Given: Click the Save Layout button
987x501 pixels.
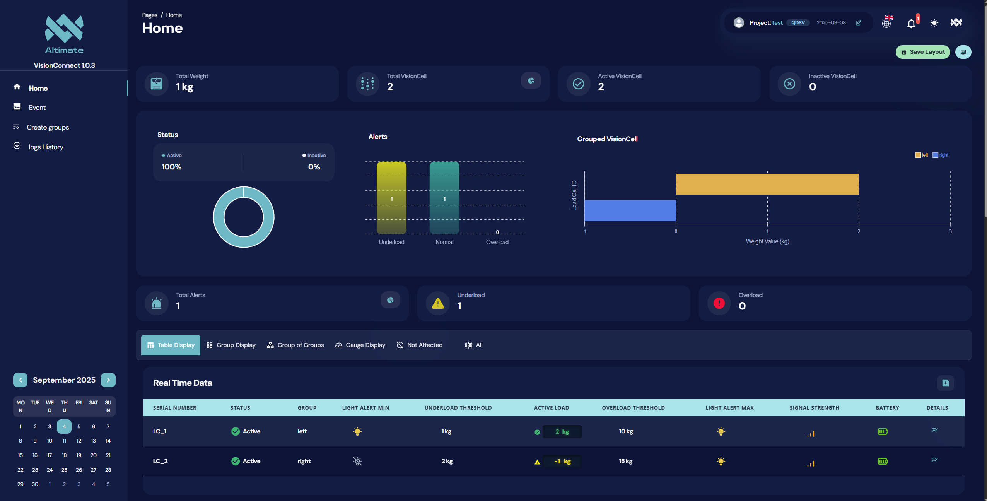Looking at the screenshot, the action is (x=922, y=52).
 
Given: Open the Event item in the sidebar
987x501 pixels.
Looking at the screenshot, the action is (x=37, y=108).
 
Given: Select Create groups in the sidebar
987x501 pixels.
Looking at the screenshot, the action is (x=48, y=127).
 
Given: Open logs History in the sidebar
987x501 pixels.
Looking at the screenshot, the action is (x=46, y=147).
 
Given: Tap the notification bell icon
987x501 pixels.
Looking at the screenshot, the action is (x=911, y=23).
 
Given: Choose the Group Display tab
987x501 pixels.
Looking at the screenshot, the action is (x=231, y=345).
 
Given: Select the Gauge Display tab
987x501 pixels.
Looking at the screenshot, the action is (x=360, y=345).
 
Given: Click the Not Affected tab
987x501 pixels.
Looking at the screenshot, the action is (x=420, y=345).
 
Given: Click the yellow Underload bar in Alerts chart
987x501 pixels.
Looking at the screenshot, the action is (x=391, y=198).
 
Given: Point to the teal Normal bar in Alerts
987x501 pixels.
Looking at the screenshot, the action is (x=444, y=198).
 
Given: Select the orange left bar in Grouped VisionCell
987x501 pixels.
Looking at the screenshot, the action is (x=767, y=184).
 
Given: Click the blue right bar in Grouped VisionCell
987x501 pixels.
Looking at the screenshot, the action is (x=630, y=210).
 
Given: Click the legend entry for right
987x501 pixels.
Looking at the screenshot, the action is (x=940, y=155).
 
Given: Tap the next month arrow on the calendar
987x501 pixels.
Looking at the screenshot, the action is (x=108, y=380).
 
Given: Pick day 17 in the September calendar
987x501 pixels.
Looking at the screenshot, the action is (x=50, y=455).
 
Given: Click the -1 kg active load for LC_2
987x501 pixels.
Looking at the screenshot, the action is (x=562, y=462).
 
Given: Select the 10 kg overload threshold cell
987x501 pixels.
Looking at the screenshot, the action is (x=626, y=431).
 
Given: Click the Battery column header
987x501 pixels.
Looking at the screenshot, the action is (x=887, y=408).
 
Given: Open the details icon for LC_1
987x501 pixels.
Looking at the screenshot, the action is (x=934, y=430).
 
